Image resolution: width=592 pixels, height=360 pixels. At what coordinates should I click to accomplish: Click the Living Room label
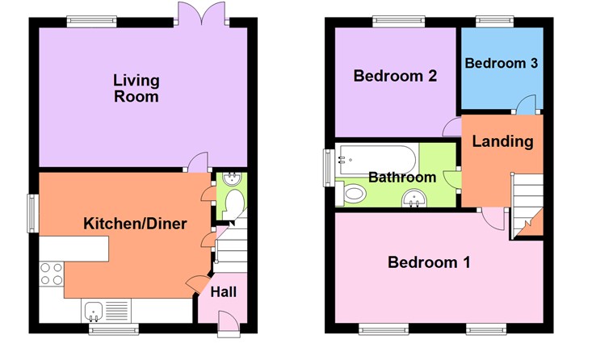[x=136, y=89]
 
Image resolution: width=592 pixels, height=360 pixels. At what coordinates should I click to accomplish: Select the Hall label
[x=223, y=291]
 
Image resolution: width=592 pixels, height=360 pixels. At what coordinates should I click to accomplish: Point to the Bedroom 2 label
[x=396, y=77]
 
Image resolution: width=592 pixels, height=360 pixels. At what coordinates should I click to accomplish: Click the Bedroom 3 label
[x=501, y=63]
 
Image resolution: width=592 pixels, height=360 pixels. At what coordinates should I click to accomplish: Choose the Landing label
[x=502, y=141]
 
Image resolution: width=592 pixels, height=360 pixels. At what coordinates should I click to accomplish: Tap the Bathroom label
[x=402, y=177]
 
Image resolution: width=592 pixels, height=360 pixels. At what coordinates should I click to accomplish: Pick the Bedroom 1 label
[x=430, y=262]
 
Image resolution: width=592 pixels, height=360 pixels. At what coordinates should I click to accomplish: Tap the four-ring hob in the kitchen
[x=52, y=274]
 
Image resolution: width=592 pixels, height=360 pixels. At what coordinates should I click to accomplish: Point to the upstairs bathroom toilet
[x=354, y=193]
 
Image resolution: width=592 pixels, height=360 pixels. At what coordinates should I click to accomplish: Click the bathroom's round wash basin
[x=415, y=196]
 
